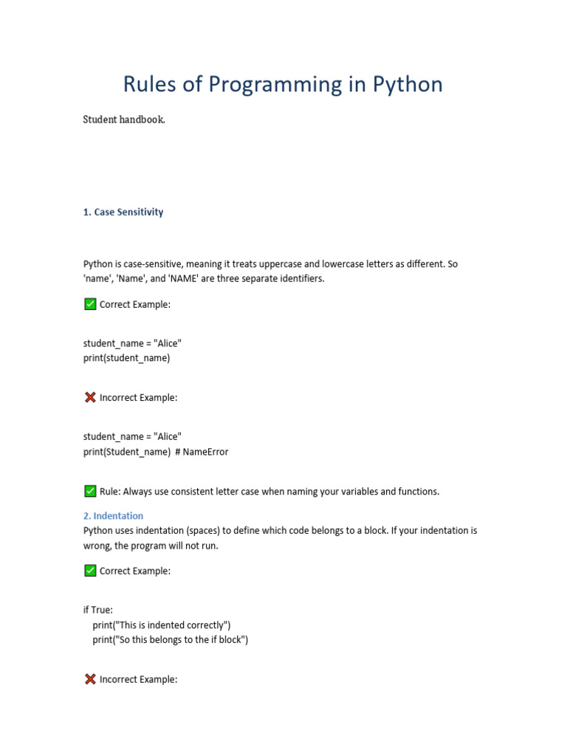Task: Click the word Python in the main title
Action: pyautogui.click(x=408, y=85)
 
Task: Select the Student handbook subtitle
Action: pyautogui.click(x=124, y=120)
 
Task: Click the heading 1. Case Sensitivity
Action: pyautogui.click(x=123, y=212)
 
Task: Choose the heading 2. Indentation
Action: pyautogui.click(x=113, y=515)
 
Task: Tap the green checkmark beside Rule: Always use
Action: pyautogui.click(x=90, y=491)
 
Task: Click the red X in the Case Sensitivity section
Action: pyautogui.click(x=90, y=397)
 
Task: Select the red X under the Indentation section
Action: pyautogui.click(x=90, y=679)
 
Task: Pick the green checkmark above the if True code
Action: pyautogui.click(x=90, y=571)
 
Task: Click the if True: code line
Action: pyautogui.click(x=98, y=610)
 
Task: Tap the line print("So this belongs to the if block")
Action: pyautogui.click(x=171, y=639)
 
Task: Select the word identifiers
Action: pyautogui.click(x=300, y=278)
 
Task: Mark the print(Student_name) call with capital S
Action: pyautogui.click(x=126, y=451)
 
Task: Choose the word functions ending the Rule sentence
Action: pyautogui.click(x=416, y=491)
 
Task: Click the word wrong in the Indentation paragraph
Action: pyautogui.click(x=97, y=545)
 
